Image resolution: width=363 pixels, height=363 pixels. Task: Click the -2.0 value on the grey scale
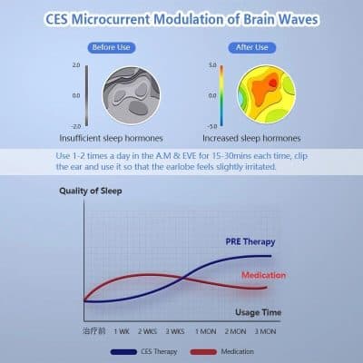pos(76,125)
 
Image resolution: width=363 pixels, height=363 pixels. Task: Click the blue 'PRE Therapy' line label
pos(250,241)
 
